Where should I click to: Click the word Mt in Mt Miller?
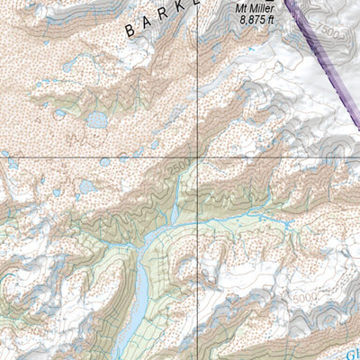click(x=242, y=11)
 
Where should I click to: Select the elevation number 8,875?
click(x=251, y=23)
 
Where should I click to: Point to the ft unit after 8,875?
click(x=273, y=23)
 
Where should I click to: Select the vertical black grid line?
click(x=199, y=90)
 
